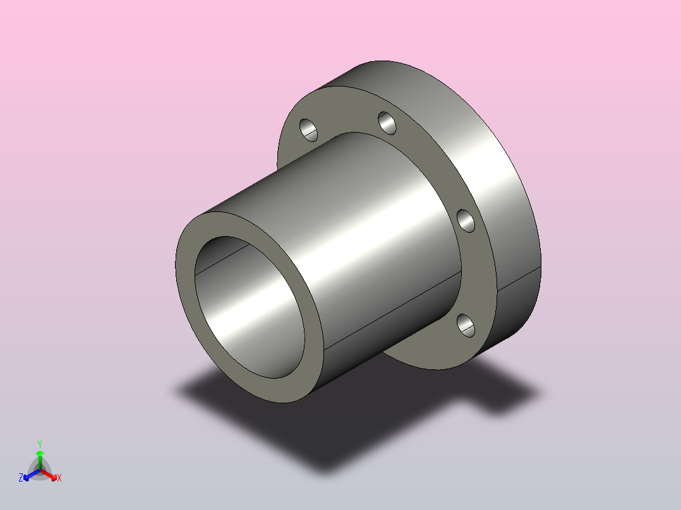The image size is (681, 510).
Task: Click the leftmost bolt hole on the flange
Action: coord(308,130)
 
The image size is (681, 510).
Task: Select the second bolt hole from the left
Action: coord(387,123)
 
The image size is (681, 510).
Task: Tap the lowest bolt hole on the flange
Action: coord(466,326)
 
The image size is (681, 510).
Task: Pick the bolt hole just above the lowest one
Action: coord(466,221)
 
